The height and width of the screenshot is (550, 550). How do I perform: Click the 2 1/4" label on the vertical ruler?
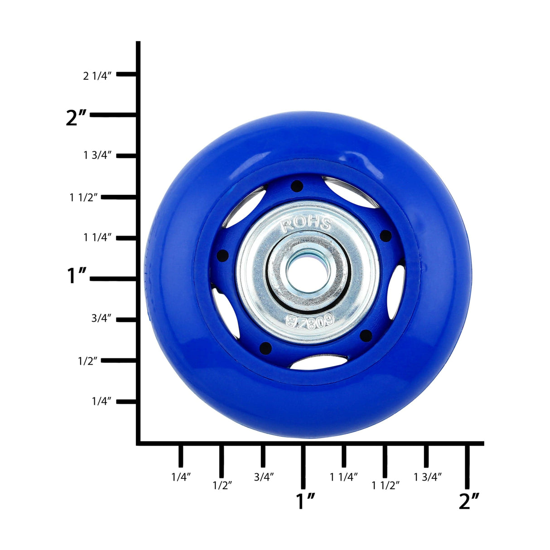pos(96,76)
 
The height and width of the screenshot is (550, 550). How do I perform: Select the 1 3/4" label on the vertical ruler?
pos(97,155)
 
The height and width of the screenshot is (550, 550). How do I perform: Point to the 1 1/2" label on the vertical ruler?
pos(83,197)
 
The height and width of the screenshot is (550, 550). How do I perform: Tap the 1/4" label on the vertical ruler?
pos(101,401)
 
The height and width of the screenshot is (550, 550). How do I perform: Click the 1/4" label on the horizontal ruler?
pos(181,477)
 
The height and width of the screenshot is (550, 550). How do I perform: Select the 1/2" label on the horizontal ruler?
pos(222,485)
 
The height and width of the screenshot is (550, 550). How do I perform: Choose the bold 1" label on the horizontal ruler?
pos(305,501)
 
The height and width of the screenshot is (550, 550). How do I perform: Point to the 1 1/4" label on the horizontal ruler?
pos(344,477)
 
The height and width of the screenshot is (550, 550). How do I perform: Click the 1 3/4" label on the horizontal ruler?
pos(427,477)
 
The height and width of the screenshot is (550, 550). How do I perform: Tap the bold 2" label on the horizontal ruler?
pos(468,501)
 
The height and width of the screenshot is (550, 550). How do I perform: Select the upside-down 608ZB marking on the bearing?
pos(310,322)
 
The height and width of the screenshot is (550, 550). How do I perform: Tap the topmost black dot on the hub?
pos(297,186)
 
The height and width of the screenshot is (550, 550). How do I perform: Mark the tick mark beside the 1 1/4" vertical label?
pos(127,237)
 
